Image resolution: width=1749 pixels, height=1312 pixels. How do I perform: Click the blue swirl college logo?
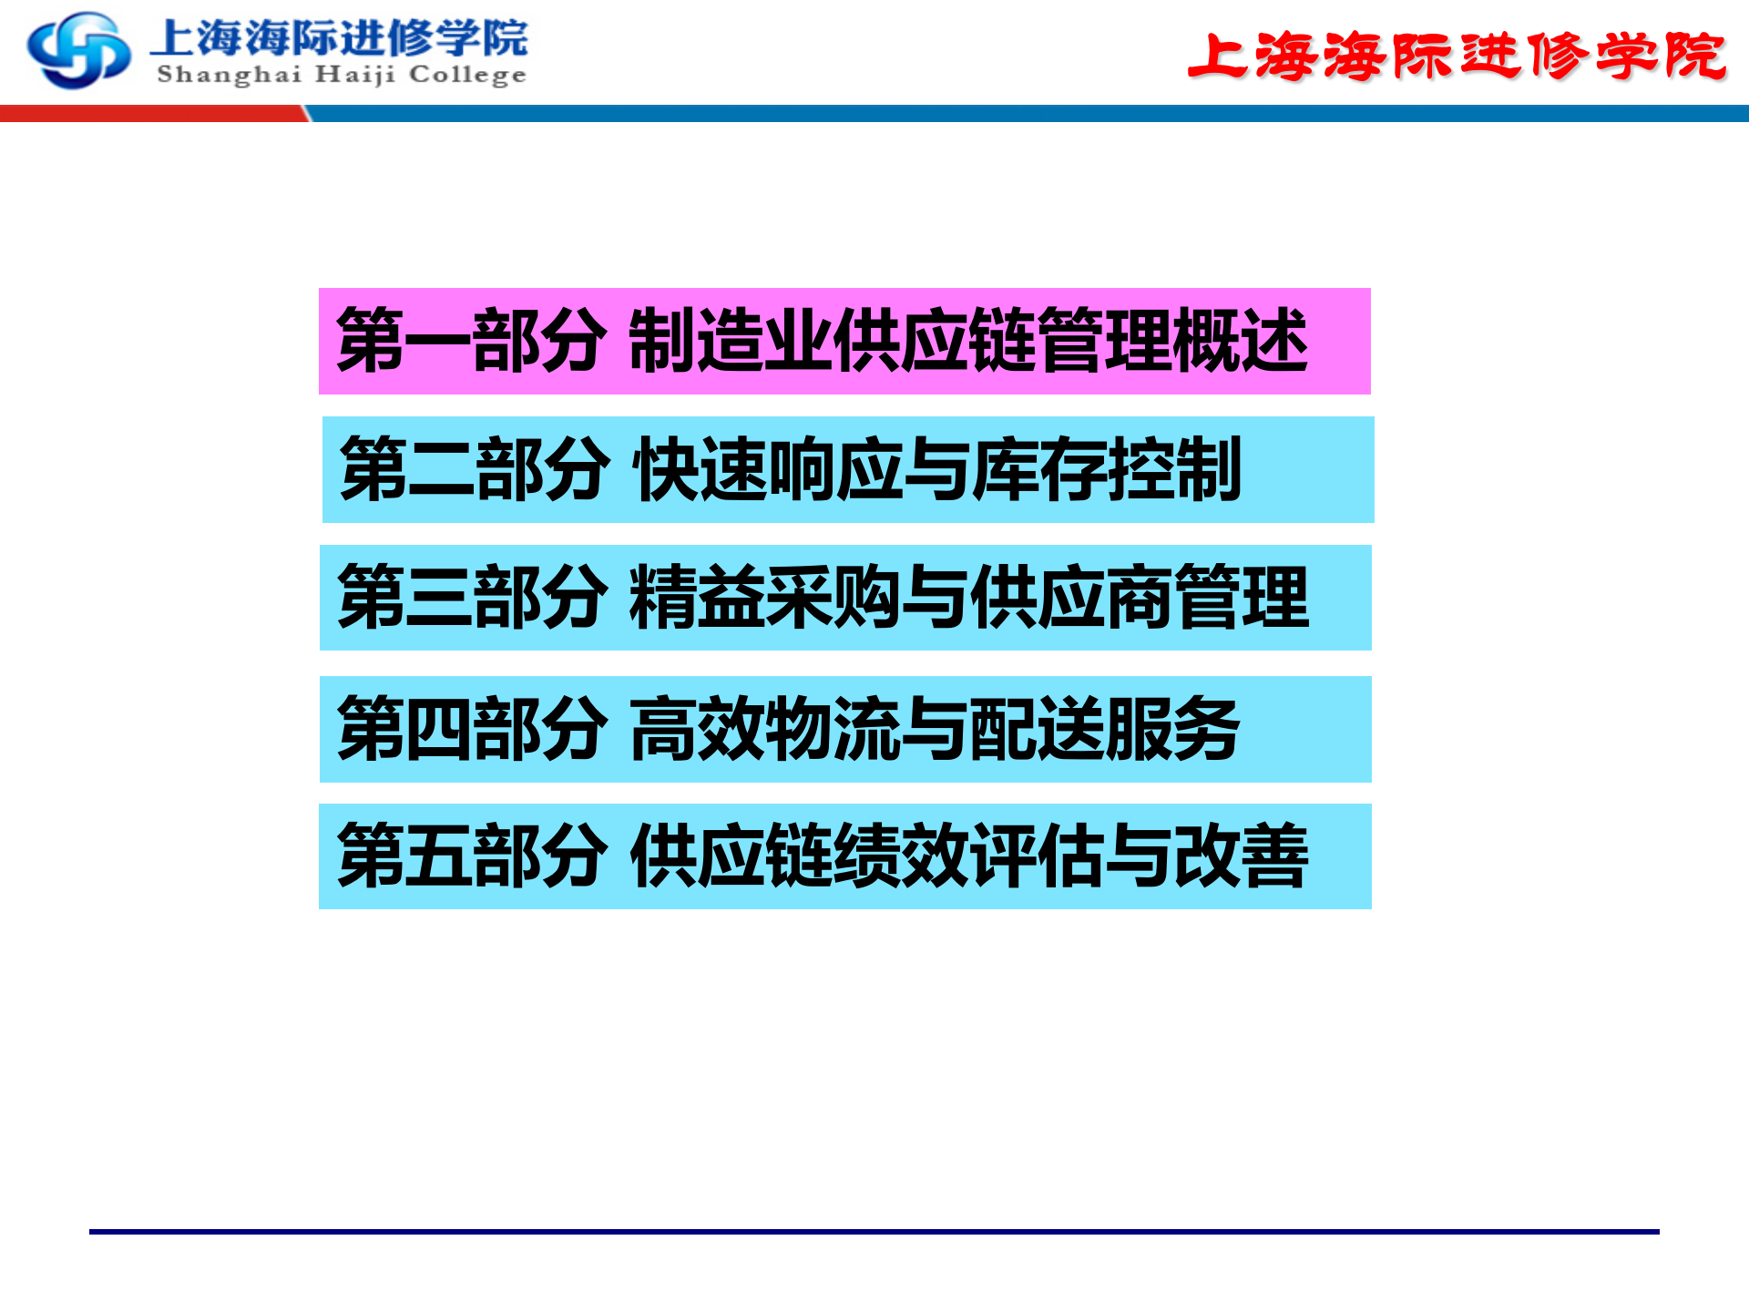click(78, 51)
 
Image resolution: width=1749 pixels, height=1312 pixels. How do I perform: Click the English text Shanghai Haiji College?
click(342, 75)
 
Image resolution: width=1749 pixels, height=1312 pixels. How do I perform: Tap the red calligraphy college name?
click(1457, 56)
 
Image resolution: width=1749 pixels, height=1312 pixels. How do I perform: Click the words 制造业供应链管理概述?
click(968, 341)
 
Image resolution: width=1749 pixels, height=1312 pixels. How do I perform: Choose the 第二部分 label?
click(474, 469)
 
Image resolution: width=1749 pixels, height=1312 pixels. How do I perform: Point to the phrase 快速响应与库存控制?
click(937, 469)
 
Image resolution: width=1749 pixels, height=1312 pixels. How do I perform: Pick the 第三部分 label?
click(472, 598)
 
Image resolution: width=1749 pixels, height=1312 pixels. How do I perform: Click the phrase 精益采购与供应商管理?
click(969, 598)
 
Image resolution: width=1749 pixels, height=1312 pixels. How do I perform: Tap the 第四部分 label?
click(472, 729)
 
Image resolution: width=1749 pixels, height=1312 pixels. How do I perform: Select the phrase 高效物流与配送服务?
click(935, 729)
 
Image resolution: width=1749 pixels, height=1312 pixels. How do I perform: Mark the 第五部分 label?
click(472, 856)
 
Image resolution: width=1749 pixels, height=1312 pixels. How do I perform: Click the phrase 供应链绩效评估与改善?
click(969, 856)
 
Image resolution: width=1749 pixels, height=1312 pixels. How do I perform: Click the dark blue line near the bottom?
click(874, 1232)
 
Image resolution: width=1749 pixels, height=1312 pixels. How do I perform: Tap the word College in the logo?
click(467, 76)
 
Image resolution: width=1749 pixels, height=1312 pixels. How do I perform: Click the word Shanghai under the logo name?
click(229, 75)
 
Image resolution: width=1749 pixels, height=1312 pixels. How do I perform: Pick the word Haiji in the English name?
click(355, 75)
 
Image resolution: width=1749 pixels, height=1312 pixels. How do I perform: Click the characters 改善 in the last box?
click(1241, 856)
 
